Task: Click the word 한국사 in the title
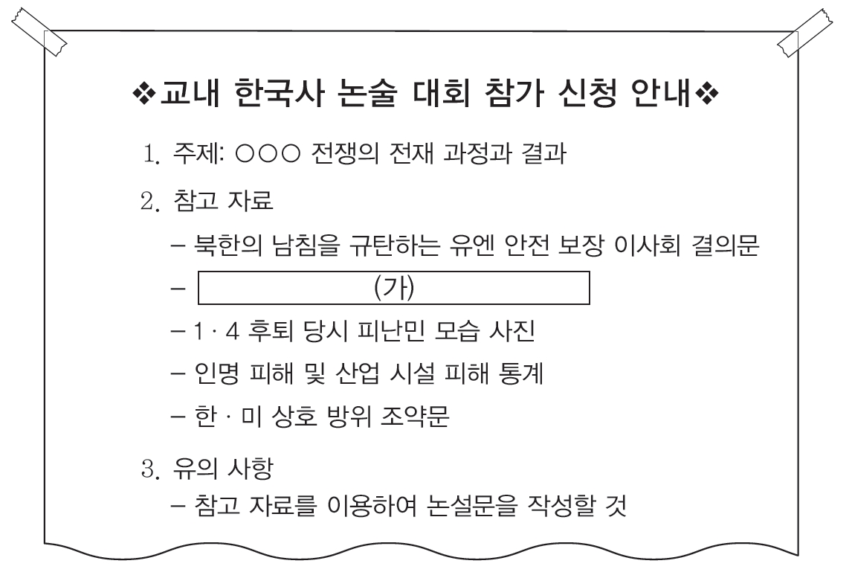(x=280, y=93)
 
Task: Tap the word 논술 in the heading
(x=367, y=93)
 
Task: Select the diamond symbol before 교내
(x=144, y=94)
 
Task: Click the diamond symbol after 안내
(x=707, y=94)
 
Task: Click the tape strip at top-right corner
(x=804, y=32)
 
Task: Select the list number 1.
(x=150, y=154)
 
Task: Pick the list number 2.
(x=150, y=201)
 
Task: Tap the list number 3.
(x=150, y=469)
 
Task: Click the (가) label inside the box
(x=394, y=288)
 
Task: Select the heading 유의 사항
(x=223, y=469)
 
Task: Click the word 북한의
(x=227, y=245)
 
